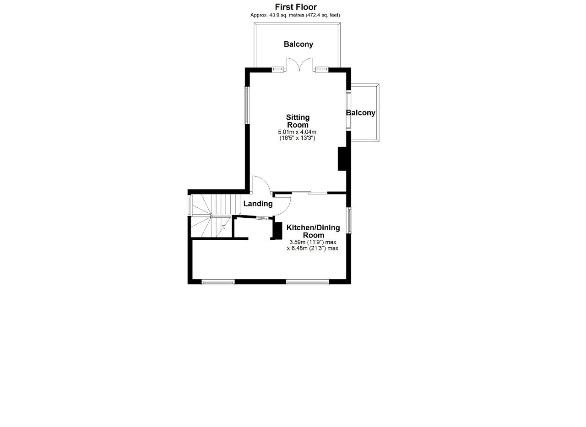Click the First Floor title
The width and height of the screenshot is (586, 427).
[x=296, y=7]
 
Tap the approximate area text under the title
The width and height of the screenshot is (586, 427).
[x=295, y=15]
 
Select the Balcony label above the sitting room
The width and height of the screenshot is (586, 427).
[x=298, y=44]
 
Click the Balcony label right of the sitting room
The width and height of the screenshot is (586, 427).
[x=360, y=113]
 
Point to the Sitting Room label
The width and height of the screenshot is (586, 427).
[x=298, y=121]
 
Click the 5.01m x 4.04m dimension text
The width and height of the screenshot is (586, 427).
[x=297, y=132]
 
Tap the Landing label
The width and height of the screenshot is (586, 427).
[x=258, y=204]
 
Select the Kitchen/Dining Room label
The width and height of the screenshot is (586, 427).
[x=313, y=231]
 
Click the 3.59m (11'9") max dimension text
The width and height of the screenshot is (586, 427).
[x=313, y=242]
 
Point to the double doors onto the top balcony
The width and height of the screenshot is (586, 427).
[x=299, y=65]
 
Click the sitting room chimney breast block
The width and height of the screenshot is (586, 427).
[x=342, y=159]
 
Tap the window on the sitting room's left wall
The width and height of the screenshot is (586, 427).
[x=246, y=105]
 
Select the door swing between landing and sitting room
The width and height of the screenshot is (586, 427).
[x=261, y=185]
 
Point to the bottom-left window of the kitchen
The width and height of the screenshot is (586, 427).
[x=218, y=282]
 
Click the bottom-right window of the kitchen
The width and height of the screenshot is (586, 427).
[x=307, y=282]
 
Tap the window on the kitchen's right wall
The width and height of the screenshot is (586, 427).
[x=349, y=220]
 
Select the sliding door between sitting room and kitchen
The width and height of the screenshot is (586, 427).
[x=310, y=193]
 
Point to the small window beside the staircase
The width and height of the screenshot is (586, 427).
[x=189, y=205]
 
